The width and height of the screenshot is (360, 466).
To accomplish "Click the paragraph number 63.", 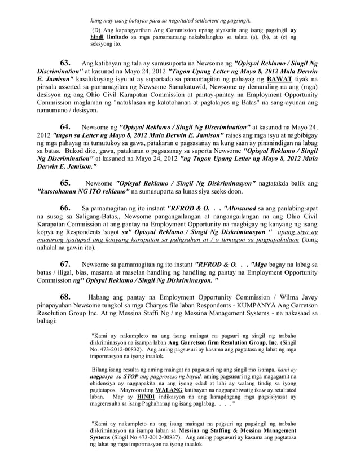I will (65, 63).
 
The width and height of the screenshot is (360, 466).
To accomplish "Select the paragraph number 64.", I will (65, 127).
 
